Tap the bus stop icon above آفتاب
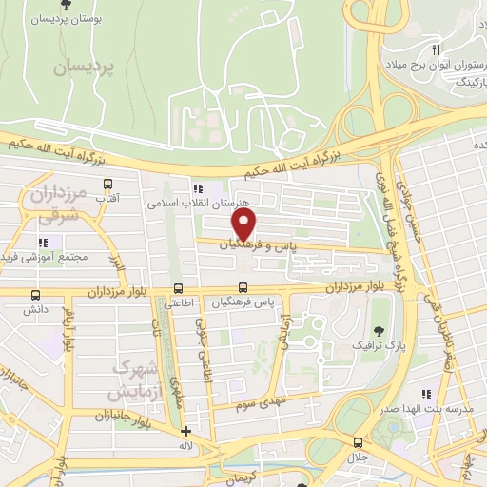107,185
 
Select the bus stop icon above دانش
36,295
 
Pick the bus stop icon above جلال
358,442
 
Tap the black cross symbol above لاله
185,431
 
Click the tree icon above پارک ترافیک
380,330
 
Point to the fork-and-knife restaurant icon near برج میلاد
435,49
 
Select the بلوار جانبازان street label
127,416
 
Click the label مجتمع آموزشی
47,257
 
